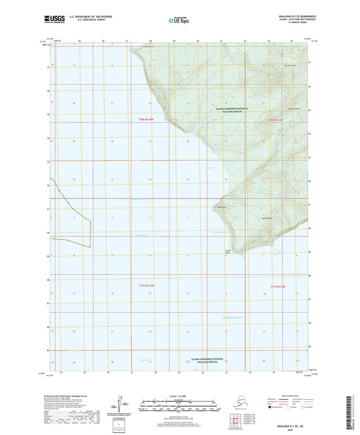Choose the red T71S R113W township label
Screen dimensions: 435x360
point(278,286)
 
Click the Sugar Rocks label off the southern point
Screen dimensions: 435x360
point(228,253)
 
